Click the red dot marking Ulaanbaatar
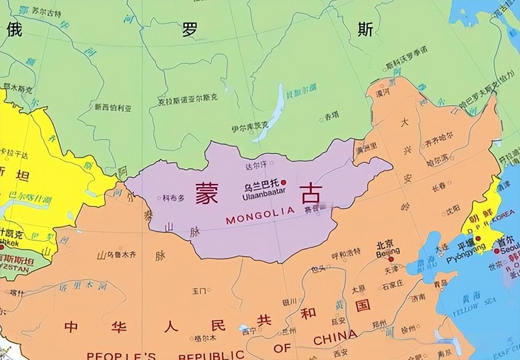[x=284, y=182]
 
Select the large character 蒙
[x=206, y=193]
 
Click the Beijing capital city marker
[x=391, y=259]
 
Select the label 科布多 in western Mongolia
[x=173, y=198]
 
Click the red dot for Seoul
[x=496, y=251]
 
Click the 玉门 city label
[x=199, y=291]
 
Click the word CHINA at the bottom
[x=335, y=338]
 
